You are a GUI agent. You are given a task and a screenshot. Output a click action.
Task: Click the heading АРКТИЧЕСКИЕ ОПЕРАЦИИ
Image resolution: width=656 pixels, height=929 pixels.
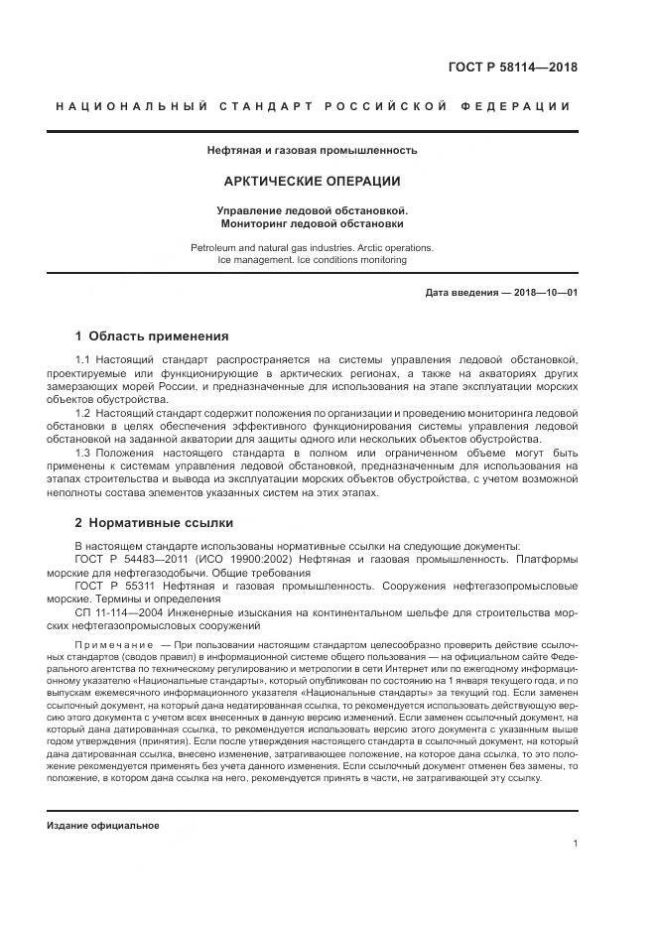312,182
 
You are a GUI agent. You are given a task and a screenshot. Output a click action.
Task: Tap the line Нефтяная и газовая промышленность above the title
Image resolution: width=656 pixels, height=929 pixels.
312,151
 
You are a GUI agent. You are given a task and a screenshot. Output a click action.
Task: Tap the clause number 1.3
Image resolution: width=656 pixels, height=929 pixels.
83,453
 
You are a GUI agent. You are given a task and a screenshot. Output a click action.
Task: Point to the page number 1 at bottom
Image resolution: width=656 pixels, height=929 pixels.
576,844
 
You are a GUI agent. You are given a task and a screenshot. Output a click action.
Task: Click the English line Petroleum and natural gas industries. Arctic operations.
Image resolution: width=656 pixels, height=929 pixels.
312,246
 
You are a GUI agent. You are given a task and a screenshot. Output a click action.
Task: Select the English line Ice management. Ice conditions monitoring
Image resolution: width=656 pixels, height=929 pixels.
312,260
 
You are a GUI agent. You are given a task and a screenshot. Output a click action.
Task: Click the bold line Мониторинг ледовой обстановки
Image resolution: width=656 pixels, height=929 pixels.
312,223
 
